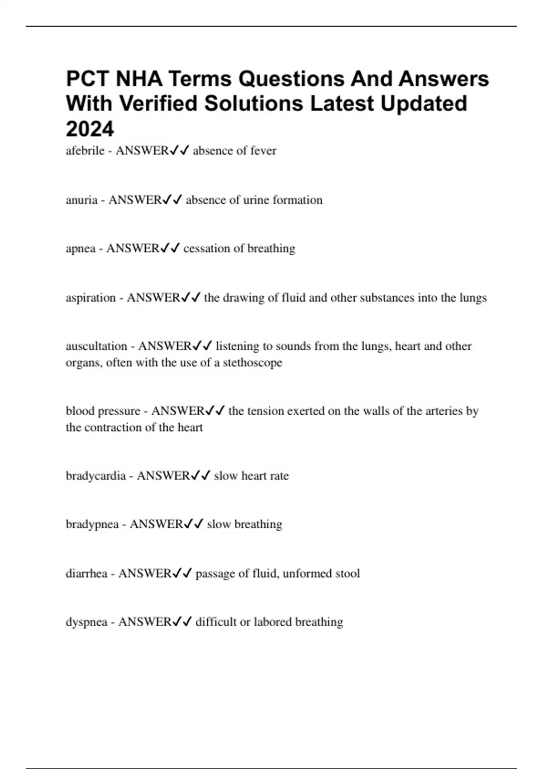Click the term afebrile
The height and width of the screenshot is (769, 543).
pyautogui.click(x=85, y=151)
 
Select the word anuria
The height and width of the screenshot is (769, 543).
pyautogui.click(x=81, y=200)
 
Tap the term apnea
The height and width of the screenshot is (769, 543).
pyautogui.click(x=81, y=249)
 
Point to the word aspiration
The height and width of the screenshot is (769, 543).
pyautogui.click(x=90, y=298)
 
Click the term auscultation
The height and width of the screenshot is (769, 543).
pyautogui.click(x=96, y=347)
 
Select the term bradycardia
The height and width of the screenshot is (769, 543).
pyautogui.click(x=95, y=476)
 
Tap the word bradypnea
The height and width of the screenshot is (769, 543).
pyautogui.click(x=92, y=525)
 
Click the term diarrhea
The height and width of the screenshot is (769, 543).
pyautogui.click(x=86, y=574)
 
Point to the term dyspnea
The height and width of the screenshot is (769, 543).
pyautogui.click(x=86, y=622)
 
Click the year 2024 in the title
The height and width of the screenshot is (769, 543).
pyautogui.click(x=90, y=129)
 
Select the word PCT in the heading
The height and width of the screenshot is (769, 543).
pyautogui.click(x=87, y=79)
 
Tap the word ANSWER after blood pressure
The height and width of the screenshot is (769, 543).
pyautogui.click(x=178, y=411)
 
